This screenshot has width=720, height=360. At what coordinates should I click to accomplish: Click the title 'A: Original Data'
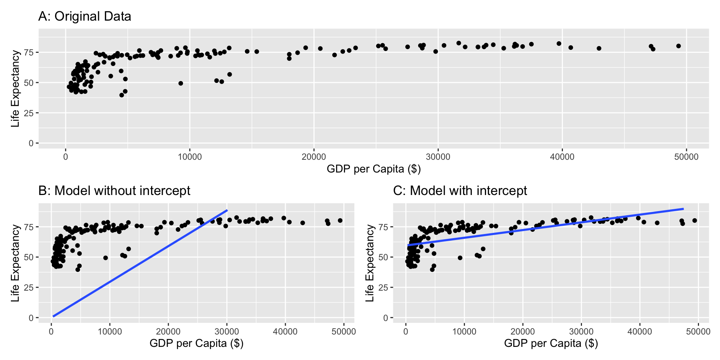click(85, 16)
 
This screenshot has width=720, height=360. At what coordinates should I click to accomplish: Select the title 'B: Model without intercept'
click(114, 190)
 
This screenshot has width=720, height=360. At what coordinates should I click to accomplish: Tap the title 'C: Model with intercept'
click(460, 190)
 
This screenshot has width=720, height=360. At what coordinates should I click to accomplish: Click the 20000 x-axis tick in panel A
click(313, 157)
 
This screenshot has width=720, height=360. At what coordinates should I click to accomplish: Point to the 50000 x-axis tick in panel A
click(686, 157)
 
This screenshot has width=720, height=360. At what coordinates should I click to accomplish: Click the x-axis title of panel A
click(373, 169)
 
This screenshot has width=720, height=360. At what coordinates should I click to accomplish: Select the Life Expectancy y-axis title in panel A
click(15, 89)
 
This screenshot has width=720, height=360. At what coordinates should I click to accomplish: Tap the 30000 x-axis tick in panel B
click(226, 331)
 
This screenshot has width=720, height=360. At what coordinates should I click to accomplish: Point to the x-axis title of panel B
click(196, 343)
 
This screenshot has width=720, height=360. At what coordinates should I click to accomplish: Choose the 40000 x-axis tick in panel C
click(640, 331)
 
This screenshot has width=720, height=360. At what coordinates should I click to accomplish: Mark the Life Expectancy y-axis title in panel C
click(370, 263)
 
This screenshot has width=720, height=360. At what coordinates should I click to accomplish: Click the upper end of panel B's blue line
click(227, 210)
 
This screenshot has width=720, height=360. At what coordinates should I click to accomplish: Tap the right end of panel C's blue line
click(683, 208)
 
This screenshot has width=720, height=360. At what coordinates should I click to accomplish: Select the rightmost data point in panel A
click(678, 46)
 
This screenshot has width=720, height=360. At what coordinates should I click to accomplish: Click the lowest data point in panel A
click(121, 95)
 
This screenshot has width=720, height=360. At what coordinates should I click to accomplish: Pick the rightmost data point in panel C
click(694, 220)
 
